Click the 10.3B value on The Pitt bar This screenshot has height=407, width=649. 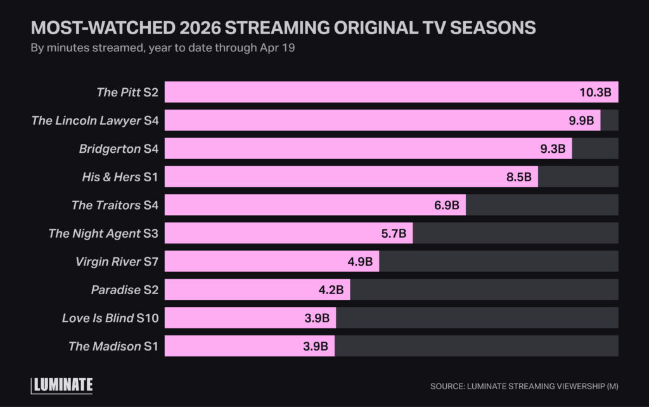tap(595, 93)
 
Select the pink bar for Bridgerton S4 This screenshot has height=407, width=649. tap(368, 149)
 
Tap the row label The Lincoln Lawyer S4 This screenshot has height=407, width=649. tap(94, 120)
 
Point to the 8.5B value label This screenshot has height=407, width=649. tap(518, 177)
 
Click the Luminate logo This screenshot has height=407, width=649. tap(62, 385)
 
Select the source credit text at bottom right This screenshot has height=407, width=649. tap(524, 386)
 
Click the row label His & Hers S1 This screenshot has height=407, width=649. tap(119, 177)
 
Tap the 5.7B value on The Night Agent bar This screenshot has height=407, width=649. tap(394, 233)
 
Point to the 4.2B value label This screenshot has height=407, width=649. tap(330, 290)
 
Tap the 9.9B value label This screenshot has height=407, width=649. tap(581, 120)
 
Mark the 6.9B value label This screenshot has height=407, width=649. tap(447, 205)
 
